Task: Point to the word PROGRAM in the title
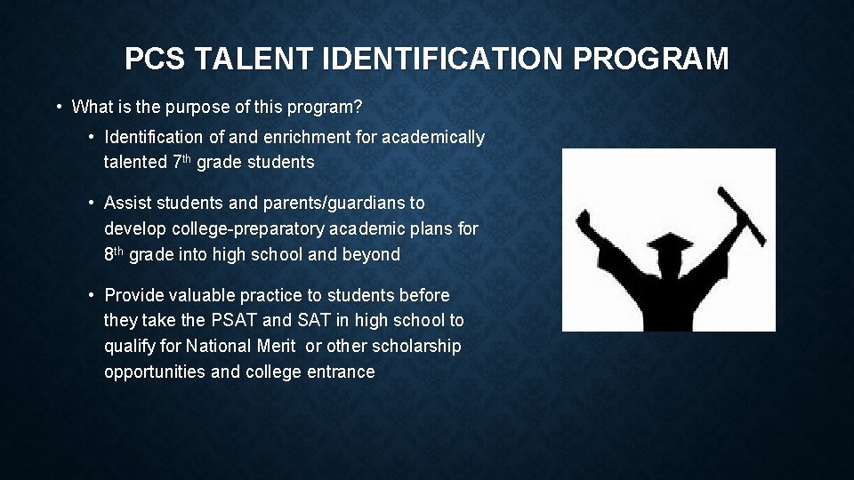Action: (x=651, y=60)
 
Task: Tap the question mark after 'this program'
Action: (x=358, y=108)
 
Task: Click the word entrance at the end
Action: (x=341, y=372)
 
